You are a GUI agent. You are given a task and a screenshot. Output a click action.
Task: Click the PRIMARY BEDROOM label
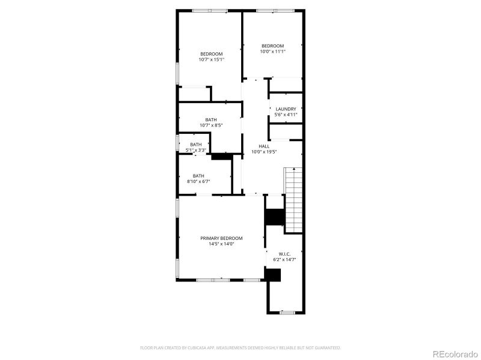tap(221, 238)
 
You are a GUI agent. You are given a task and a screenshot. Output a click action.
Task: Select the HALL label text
tap(264, 146)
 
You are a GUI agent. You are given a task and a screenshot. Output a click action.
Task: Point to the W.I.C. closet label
tap(285, 254)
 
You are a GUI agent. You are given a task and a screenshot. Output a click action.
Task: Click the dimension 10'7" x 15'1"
tap(212, 59)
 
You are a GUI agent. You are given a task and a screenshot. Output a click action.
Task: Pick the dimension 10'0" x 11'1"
tap(272, 52)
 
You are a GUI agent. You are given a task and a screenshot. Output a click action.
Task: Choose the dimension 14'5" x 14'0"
tap(221, 244)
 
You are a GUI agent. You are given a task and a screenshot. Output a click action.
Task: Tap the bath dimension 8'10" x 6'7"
tap(198, 181)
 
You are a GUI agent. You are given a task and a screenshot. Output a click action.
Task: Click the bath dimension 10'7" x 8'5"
tap(211, 125)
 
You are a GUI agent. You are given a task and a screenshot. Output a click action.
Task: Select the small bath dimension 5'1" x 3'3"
tap(196, 150)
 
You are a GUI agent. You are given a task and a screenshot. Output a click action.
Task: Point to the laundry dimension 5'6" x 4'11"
tap(286, 115)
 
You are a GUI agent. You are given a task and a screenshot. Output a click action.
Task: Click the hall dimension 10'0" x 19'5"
tap(264, 152)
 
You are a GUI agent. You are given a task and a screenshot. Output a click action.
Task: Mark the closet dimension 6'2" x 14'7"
tap(285, 260)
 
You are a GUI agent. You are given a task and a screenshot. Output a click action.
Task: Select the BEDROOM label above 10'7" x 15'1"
tap(212, 54)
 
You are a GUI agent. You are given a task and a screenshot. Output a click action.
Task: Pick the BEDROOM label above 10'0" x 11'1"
tap(272, 46)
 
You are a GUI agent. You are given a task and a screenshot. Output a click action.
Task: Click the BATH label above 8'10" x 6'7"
tap(198, 176)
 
